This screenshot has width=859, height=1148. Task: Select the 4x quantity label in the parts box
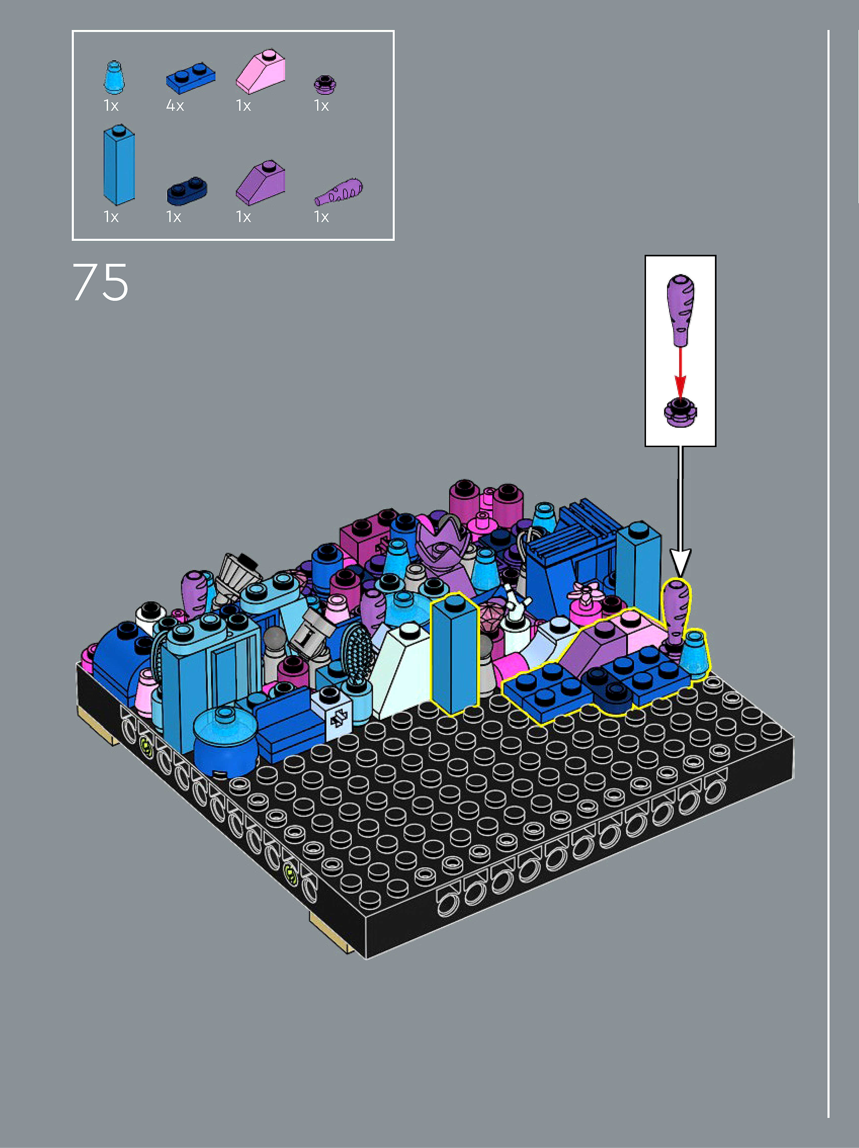pyautogui.click(x=175, y=106)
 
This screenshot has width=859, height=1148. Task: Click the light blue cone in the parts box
pyautogui.click(x=114, y=78)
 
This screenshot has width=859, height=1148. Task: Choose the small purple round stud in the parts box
pyautogui.click(x=325, y=85)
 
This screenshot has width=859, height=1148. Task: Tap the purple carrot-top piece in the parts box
pyautogui.click(x=339, y=193)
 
